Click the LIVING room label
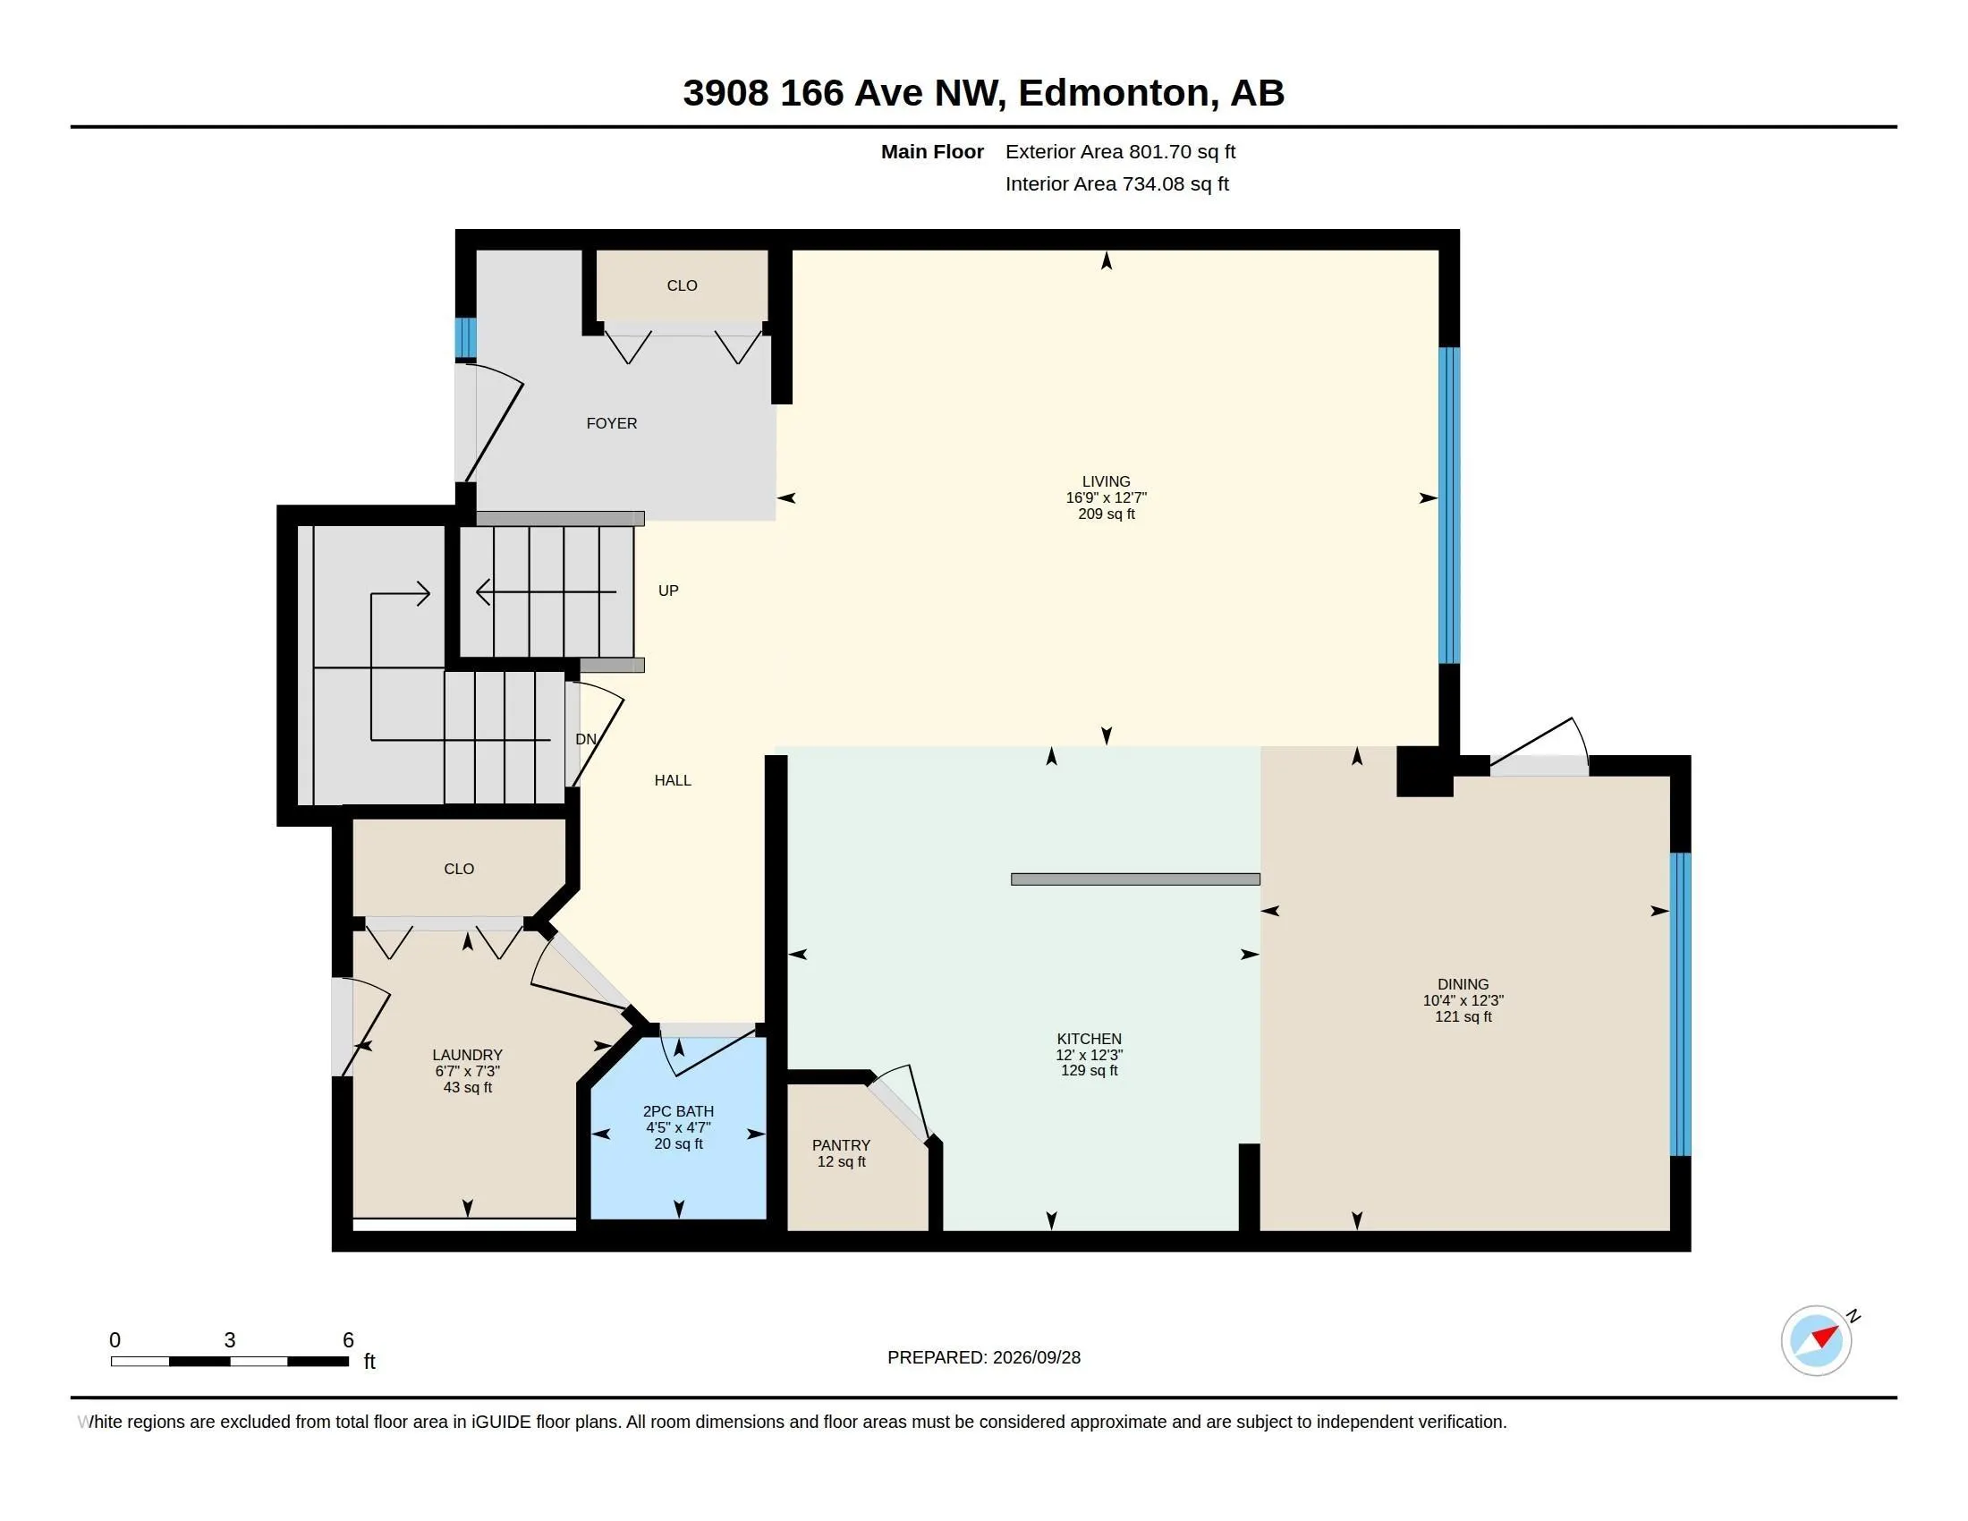coord(1106,481)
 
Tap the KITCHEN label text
coord(1089,1038)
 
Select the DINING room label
coord(1463,984)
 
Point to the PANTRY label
coord(841,1145)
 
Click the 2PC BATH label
coord(678,1111)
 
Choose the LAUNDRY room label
coord(467,1055)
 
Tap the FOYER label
coord(611,423)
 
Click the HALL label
coord(672,780)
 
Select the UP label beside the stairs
coord(667,591)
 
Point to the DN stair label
coord(586,739)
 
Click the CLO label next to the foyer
coord(682,285)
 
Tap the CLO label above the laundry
coord(459,869)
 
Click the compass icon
coord(1816,1340)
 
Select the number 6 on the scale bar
coord(348,1340)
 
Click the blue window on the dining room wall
coord(1680,1004)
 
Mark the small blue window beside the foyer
coord(465,338)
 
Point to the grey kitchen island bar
coord(1134,879)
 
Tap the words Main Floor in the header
coord(932,152)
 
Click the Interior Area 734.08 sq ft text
coord(1116,183)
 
